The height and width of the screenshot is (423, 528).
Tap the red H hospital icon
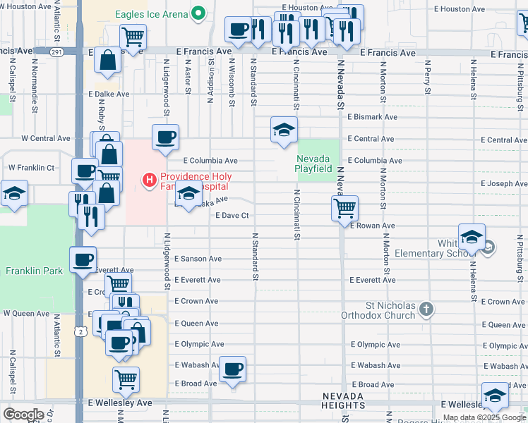[149, 181]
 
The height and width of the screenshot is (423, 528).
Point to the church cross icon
[425, 308]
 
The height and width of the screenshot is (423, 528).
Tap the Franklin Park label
[34, 271]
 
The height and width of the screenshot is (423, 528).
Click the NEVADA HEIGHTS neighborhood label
[343, 401]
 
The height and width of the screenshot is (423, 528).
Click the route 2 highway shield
[83, 331]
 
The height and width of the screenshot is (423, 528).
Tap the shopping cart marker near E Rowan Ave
[344, 207]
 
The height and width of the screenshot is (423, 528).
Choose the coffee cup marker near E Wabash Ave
[232, 369]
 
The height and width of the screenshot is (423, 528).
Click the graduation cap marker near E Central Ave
[284, 130]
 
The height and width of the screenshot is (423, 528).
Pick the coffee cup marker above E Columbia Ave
[165, 137]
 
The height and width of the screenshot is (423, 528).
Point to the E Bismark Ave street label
[372, 117]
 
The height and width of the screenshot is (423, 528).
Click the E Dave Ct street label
[233, 215]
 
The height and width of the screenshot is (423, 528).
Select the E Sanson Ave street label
[198, 259]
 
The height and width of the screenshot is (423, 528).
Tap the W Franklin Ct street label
[31, 168]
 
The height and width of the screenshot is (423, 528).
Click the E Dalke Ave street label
[109, 94]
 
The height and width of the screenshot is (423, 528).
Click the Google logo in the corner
[23, 415]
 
